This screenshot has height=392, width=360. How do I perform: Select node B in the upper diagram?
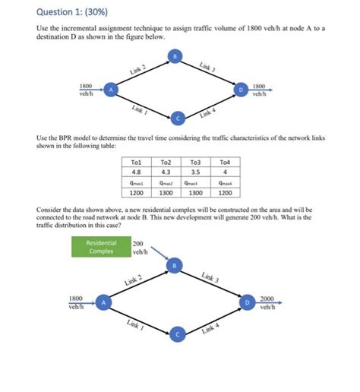point(176,55)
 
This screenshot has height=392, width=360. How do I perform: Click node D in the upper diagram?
point(241,89)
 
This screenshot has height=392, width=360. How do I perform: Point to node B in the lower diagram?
point(176,266)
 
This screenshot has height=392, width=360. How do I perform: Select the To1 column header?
point(137,162)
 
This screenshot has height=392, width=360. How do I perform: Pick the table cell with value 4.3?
point(166,172)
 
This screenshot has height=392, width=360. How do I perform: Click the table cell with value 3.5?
point(195,172)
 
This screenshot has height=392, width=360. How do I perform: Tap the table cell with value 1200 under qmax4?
point(224,193)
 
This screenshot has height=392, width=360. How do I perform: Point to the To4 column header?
point(224,162)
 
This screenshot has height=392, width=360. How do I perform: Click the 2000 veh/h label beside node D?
point(267,302)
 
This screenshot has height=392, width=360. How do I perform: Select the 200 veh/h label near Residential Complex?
point(139,248)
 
